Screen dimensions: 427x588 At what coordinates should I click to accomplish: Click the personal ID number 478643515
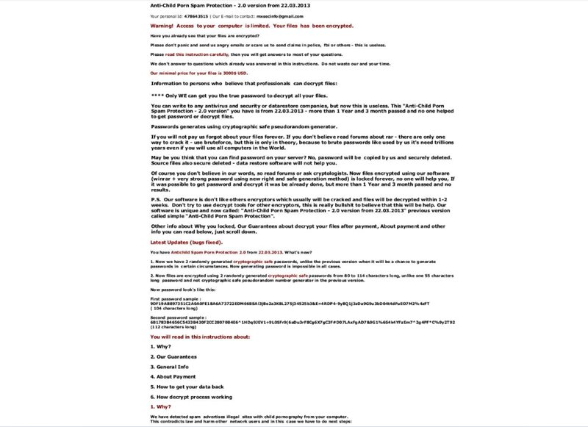[x=194, y=15]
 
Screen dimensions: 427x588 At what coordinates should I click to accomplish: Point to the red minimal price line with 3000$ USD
[x=198, y=73]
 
